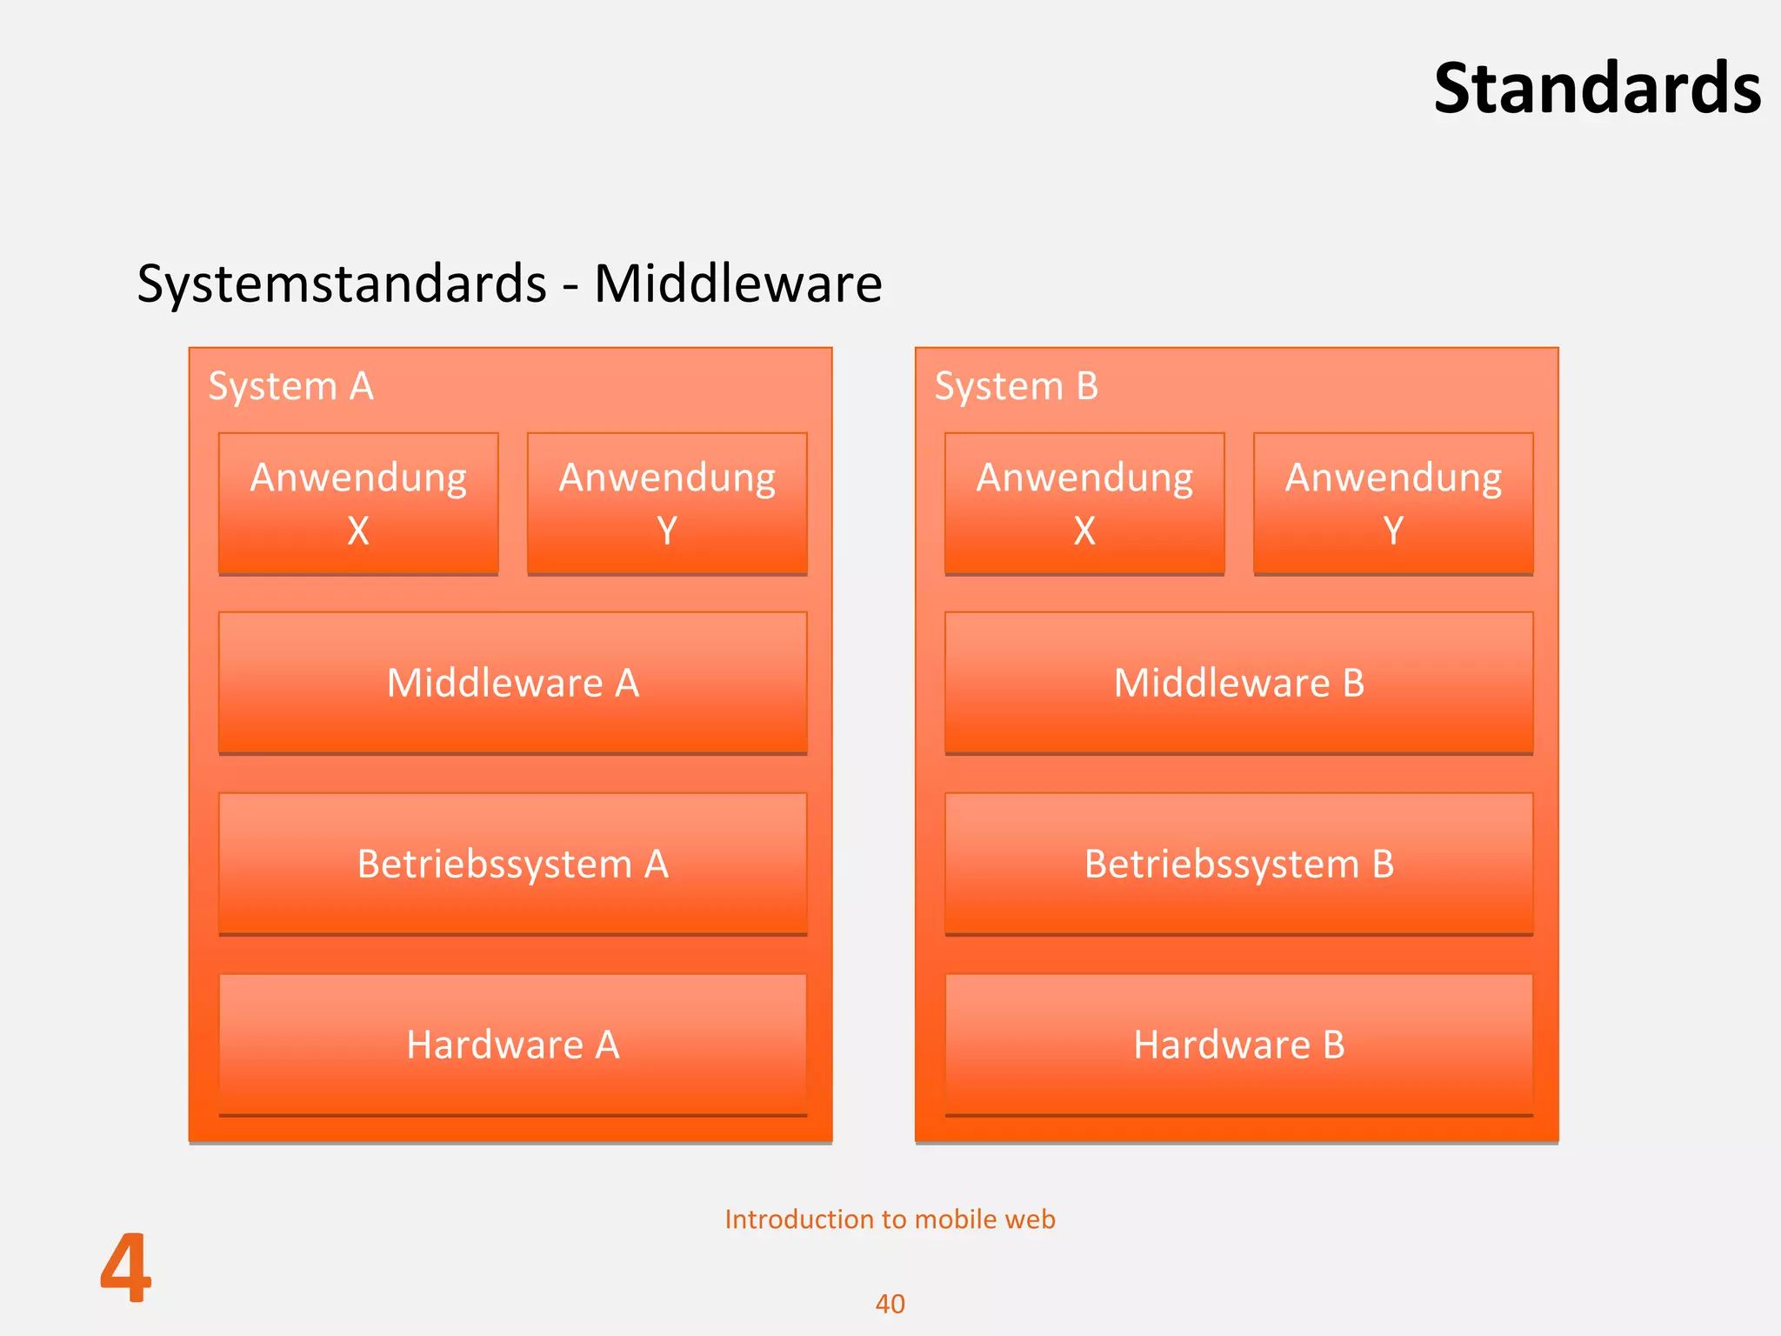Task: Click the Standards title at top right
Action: pyautogui.click(x=1597, y=89)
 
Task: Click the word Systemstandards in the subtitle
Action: pyautogui.click(x=342, y=284)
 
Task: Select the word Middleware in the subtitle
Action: pyautogui.click(x=737, y=284)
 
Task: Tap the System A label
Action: pyautogui.click(x=290, y=386)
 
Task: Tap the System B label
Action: pyautogui.click(x=1016, y=386)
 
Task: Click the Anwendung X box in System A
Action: pyautogui.click(x=358, y=503)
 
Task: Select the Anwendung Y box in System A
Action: pyautogui.click(x=667, y=503)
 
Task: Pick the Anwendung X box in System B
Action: pyautogui.click(x=1084, y=503)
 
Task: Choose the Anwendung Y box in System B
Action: pyautogui.click(x=1393, y=503)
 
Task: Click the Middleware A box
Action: pyautogui.click(x=513, y=683)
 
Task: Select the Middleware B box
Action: pyautogui.click(x=1239, y=683)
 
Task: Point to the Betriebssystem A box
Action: pyautogui.click(x=513, y=864)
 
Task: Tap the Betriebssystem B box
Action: pyautogui.click(x=1239, y=864)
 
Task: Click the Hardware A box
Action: pyautogui.click(x=513, y=1045)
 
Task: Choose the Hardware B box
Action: pyautogui.click(x=1239, y=1045)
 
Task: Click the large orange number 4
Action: pyautogui.click(x=126, y=1269)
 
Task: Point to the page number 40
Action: pyautogui.click(x=890, y=1304)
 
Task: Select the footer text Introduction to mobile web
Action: pyautogui.click(x=890, y=1219)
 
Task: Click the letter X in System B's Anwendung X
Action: pyautogui.click(x=1084, y=531)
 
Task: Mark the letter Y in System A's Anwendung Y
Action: pyautogui.click(x=667, y=531)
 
